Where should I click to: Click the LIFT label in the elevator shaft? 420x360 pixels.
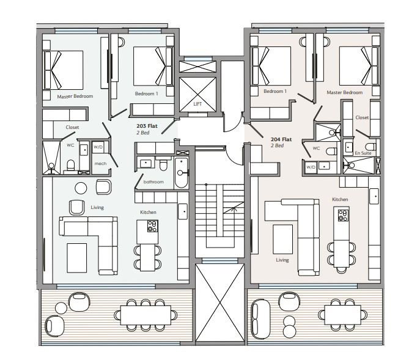tap(197, 104)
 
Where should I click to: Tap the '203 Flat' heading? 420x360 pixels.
tap(147, 126)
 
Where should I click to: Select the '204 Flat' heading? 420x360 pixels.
tap(281, 139)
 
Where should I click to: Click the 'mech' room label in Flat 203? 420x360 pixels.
tap(100, 163)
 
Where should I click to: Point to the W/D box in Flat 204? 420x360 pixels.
tap(311, 167)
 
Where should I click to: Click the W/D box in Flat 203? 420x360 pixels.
tap(98, 147)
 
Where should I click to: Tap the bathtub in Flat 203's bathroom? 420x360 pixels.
tap(182, 172)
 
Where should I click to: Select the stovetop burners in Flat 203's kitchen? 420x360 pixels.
tap(152, 226)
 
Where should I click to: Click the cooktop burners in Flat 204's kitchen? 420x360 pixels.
tap(343, 215)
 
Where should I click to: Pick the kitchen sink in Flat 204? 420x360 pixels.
tap(374, 196)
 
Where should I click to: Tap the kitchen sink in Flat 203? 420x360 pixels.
tap(183, 211)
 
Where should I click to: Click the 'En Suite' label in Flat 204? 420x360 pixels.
tap(363, 153)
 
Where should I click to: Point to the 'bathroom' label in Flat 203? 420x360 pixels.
tap(153, 182)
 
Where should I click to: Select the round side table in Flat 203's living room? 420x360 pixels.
tap(81, 188)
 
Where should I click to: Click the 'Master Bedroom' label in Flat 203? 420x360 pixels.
tap(75, 96)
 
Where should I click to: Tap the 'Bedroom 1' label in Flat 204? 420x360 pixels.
tap(275, 91)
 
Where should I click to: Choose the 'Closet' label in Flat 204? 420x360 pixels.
tap(362, 117)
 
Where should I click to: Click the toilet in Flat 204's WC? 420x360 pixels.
tap(331, 151)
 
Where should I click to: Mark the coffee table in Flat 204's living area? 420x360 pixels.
tap(283, 239)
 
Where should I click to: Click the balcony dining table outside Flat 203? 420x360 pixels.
tap(146, 315)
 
